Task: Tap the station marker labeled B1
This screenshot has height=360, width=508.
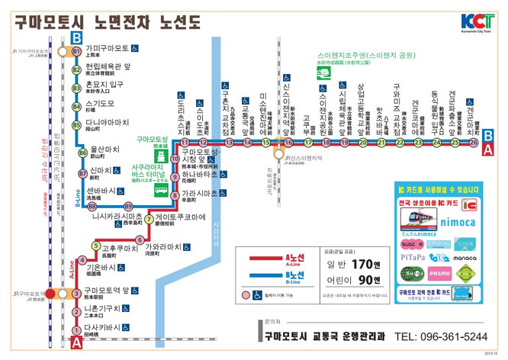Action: (x=76, y=51)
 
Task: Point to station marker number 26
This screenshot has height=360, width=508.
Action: (x=474, y=142)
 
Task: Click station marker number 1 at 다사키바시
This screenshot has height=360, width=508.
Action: (x=76, y=330)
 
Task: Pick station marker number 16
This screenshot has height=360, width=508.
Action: (x=288, y=143)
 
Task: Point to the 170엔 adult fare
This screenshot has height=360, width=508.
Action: (x=361, y=265)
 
